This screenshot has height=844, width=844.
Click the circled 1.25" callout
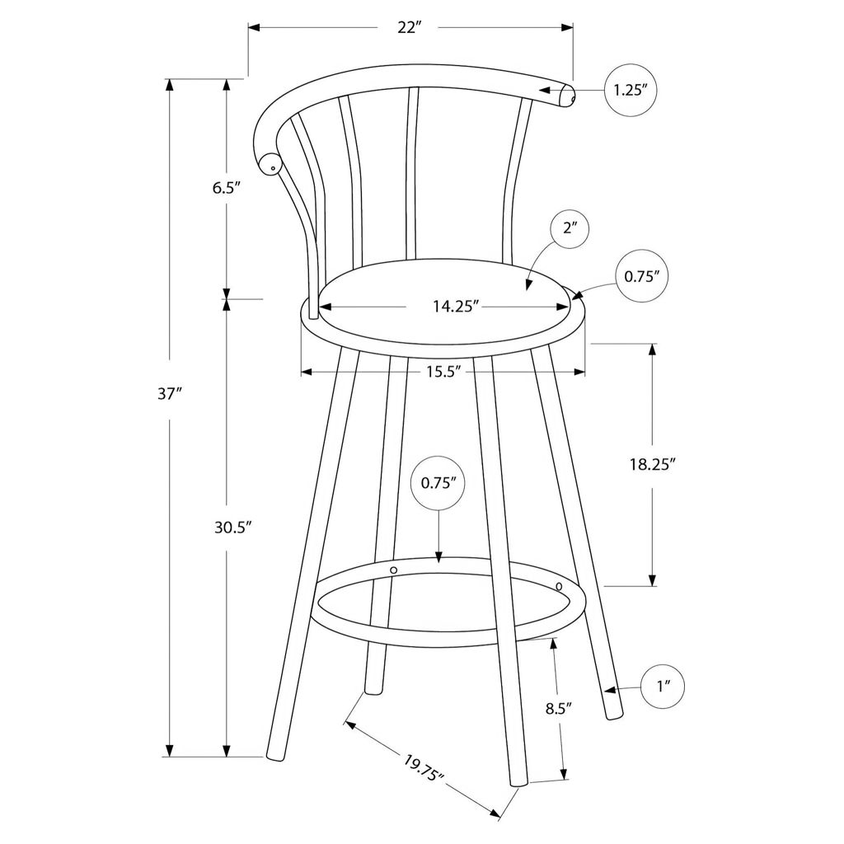coord(631,90)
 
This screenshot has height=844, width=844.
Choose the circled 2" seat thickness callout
coord(570,229)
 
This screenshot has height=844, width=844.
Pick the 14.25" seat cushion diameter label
coord(456,307)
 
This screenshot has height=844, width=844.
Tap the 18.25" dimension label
coord(653,465)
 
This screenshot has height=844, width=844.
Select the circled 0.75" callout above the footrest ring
coord(438,483)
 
